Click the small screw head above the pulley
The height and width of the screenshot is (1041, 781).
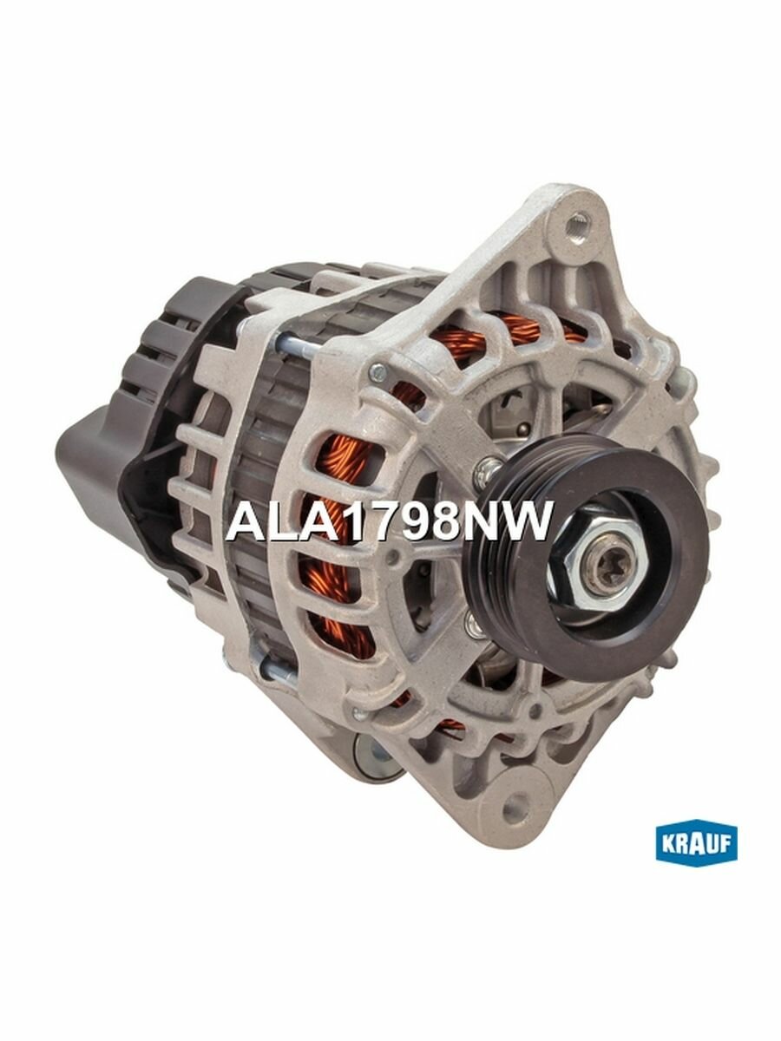tap(491, 466)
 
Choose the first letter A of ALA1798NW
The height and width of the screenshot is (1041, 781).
tap(242, 522)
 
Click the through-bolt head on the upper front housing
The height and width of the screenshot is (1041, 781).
tap(377, 373)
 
